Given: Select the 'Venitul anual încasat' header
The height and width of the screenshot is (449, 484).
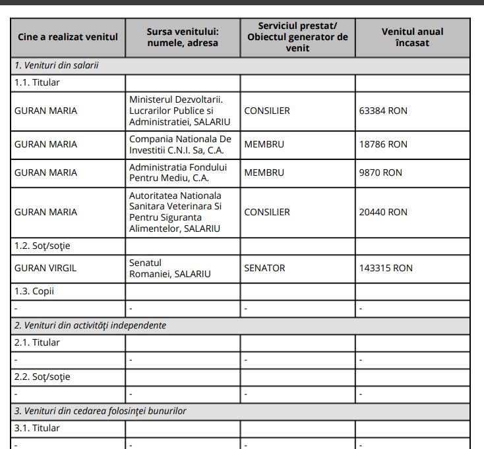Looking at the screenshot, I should click(x=412, y=37).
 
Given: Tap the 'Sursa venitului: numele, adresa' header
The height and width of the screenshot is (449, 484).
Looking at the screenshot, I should click(x=182, y=37).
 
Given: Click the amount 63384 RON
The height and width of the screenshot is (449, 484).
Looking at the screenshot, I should click(x=383, y=111).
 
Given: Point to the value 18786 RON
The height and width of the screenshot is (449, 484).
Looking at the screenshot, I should click(x=383, y=144).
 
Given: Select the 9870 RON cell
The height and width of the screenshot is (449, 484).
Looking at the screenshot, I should click(x=380, y=172).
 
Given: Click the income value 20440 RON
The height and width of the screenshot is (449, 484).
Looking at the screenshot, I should click(x=383, y=212).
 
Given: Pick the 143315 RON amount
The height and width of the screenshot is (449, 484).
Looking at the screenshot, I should click(x=386, y=268).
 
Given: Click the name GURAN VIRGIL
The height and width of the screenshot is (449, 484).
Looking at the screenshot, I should click(x=45, y=268).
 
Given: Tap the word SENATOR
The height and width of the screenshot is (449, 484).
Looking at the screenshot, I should click(x=264, y=268).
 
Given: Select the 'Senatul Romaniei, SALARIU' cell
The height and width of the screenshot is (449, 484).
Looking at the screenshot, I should click(x=170, y=268).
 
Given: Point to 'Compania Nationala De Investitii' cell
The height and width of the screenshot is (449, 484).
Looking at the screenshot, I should click(x=180, y=144).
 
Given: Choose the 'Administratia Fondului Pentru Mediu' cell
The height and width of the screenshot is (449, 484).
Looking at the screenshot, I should click(x=178, y=172).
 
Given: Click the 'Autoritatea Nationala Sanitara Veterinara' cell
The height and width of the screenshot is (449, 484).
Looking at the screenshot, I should click(x=175, y=212).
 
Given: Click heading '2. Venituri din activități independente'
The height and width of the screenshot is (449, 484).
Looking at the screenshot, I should click(x=90, y=325).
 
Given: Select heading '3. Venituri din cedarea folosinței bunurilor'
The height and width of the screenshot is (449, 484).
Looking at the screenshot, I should click(x=100, y=411).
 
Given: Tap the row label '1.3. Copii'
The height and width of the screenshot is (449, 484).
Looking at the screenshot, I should click(x=34, y=291).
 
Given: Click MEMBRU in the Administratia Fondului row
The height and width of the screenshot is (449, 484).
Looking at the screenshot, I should click(x=264, y=172).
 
